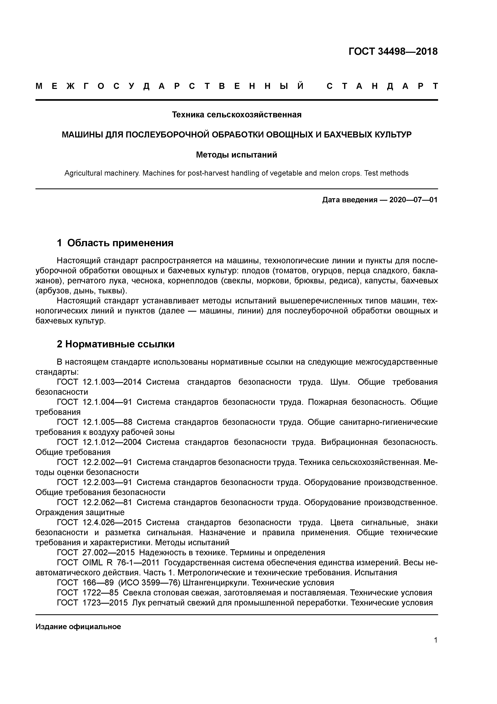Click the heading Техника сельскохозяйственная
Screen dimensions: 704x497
236,115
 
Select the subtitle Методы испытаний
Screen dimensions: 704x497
236,155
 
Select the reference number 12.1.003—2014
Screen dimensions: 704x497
112,382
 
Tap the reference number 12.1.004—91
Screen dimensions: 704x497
107,402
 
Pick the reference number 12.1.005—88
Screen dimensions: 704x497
107,422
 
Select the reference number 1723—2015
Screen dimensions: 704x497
105,603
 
